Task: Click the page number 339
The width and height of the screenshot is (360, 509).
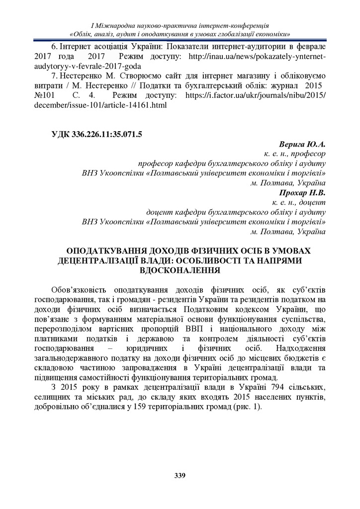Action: pyautogui.click(x=180, y=476)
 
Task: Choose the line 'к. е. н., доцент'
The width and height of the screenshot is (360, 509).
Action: pyautogui.click(x=299, y=203)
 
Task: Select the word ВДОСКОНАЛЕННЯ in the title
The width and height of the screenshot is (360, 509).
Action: pyautogui.click(x=180, y=270)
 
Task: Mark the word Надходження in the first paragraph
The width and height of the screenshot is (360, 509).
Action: pyautogui.click(x=300, y=347)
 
